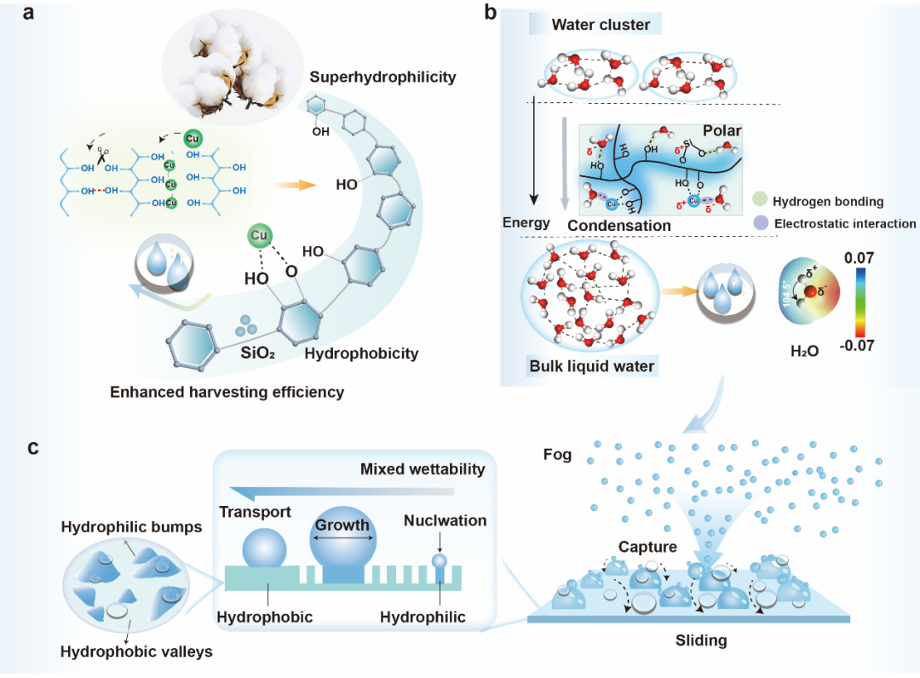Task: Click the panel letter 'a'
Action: [x=28, y=14]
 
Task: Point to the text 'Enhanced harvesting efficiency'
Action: [x=226, y=393]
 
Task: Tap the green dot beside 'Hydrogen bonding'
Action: [x=761, y=202]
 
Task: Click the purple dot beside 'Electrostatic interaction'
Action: [x=761, y=224]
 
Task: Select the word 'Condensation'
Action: [x=619, y=226]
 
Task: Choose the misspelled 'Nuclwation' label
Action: [x=445, y=520]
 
